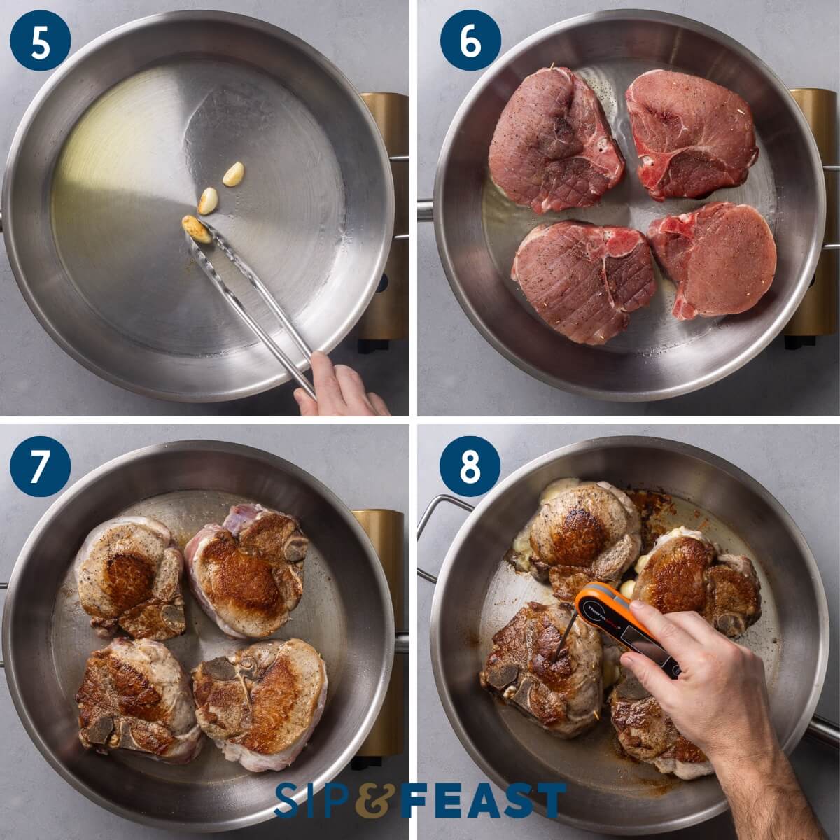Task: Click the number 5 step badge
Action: (41, 40)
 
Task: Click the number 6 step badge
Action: (470, 40)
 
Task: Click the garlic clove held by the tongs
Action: (197, 228)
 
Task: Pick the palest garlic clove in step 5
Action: (234, 173)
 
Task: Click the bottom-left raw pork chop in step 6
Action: (583, 279)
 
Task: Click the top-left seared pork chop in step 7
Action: (129, 577)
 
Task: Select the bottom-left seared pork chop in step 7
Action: (136, 700)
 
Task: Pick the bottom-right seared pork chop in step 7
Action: (260, 700)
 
